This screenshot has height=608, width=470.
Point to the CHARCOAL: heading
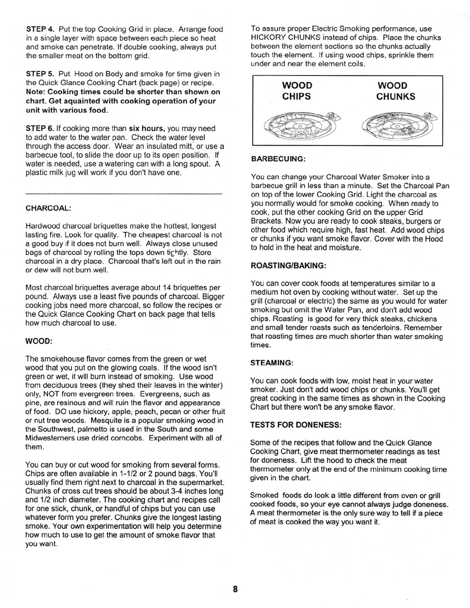48,208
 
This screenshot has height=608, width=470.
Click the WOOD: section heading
38,341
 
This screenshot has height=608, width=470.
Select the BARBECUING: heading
278,159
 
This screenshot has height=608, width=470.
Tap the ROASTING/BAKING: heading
288,266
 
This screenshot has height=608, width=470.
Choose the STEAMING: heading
272,363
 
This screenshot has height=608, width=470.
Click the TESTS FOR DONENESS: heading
296,425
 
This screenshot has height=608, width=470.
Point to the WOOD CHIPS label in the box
297,91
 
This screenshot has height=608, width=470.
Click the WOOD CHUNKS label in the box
396,91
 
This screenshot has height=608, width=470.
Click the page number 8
235,589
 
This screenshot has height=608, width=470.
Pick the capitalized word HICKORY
266,38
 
